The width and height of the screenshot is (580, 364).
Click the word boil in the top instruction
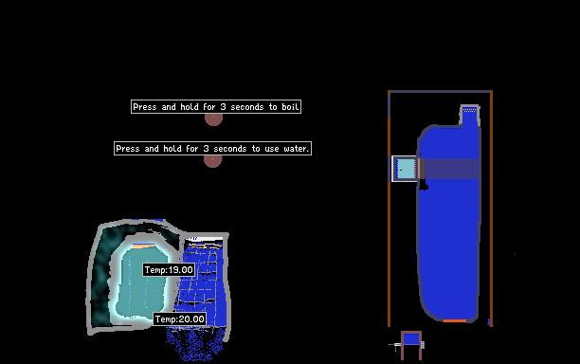290,107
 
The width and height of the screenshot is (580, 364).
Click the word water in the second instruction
296,149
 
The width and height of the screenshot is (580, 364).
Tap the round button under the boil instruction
214,119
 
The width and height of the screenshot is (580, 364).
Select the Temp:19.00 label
169,269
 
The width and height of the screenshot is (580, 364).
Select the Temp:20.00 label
180,318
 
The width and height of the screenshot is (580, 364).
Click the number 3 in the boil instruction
223,107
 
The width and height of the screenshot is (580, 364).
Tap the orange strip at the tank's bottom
455,320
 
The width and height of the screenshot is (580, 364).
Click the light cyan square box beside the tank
406,169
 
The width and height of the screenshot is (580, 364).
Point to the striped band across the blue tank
449,169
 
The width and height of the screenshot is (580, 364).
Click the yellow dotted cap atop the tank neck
470,110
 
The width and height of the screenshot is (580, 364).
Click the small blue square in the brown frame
411,338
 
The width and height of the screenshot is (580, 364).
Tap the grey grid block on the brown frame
423,345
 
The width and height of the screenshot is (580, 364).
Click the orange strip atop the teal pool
143,246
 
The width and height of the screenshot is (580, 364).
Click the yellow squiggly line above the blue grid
205,246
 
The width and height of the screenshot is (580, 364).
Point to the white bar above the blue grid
206,239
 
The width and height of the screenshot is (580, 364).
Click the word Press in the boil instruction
145,107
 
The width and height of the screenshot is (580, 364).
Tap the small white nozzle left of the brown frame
396,345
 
